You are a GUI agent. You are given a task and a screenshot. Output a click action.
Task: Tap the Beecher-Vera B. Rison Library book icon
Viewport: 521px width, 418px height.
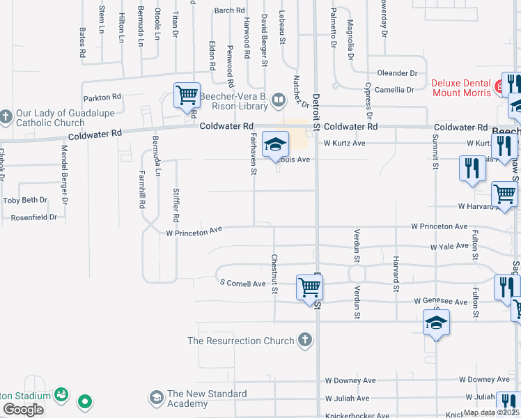[278, 100]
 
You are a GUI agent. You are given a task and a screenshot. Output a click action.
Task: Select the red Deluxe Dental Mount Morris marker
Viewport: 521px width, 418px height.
[499, 86]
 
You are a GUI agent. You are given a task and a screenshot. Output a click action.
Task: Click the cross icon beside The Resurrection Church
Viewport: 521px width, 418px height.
[304, 341]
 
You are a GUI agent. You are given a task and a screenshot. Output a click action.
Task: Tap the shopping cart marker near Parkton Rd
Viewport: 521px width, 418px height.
[187, 96]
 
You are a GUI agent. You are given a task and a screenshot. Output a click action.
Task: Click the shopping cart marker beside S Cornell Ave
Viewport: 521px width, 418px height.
[309, 287]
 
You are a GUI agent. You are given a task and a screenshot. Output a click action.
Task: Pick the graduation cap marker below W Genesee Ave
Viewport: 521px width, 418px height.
[436, 323]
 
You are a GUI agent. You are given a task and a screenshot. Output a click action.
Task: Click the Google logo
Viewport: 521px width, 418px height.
[23, 410]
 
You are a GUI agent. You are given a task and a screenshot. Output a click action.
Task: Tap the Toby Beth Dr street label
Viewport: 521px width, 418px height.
[25, 200]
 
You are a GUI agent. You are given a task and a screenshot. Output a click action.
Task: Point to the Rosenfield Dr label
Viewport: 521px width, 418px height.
[33, 217]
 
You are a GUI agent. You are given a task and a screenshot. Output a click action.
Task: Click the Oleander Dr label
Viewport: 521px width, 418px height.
[397, 73]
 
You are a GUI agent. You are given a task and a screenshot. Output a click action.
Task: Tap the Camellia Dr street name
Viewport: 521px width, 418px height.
[395, 90]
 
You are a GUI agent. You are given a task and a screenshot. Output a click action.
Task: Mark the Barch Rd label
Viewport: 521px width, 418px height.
[230, 10]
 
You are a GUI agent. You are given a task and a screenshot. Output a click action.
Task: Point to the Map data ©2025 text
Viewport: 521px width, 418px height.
[491, 412]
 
